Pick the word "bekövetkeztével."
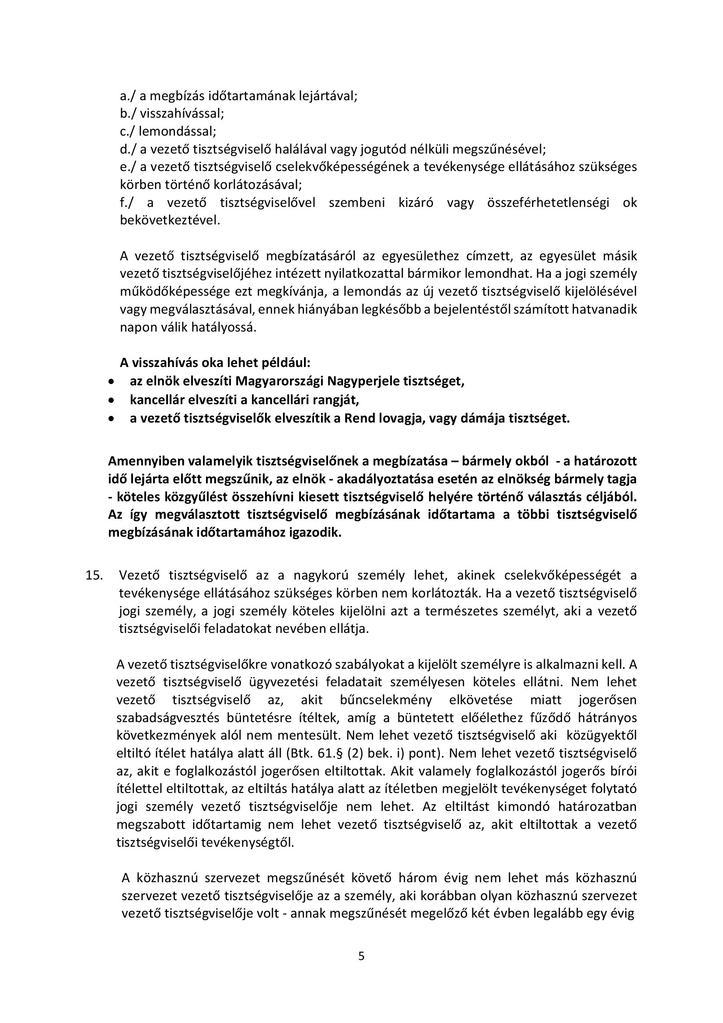(x=170, y=220)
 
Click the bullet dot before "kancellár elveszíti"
(x=112, y=400)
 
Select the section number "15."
(x=94, y=575)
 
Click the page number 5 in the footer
(x=361, y=957)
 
